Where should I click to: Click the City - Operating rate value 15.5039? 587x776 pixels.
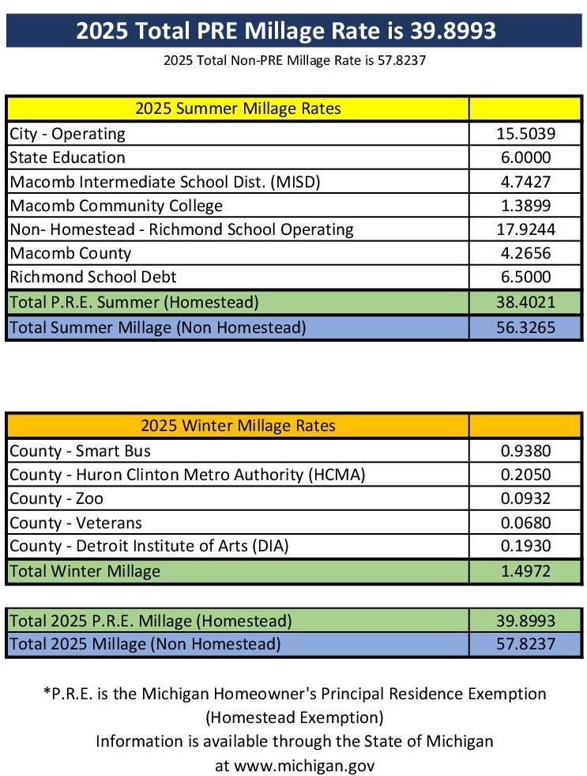click(525, 134)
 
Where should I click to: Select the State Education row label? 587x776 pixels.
click(68, 157)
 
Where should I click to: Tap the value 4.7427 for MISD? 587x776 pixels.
click(525, 182)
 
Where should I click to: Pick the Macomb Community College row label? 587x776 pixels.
click(116, 206)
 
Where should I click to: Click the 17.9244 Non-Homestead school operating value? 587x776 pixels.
click(525, 229)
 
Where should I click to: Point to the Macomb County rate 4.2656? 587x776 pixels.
click(525, 253)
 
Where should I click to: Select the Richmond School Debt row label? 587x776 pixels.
click(93, 277)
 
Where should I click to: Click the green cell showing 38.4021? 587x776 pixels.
click(525, 301)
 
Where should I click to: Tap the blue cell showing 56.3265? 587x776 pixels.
click(525, 326)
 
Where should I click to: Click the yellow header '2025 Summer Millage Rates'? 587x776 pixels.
click(238, 108)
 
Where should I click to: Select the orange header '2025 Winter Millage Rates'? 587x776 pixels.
click(238, 426)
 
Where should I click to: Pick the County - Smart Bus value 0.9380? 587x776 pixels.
click(525, 451)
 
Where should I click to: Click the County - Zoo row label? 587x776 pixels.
click(57, 498)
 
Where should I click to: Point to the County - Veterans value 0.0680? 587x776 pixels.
click(525, 522)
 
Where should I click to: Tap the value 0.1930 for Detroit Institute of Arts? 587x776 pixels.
click(525, 546)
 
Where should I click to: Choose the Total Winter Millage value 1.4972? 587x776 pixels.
click(525, 570)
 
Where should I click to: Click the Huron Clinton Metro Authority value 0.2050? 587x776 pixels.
click(525, 475)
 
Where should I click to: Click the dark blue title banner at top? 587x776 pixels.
click(293, 30)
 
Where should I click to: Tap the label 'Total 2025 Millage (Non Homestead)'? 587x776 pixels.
click(145, 644)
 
